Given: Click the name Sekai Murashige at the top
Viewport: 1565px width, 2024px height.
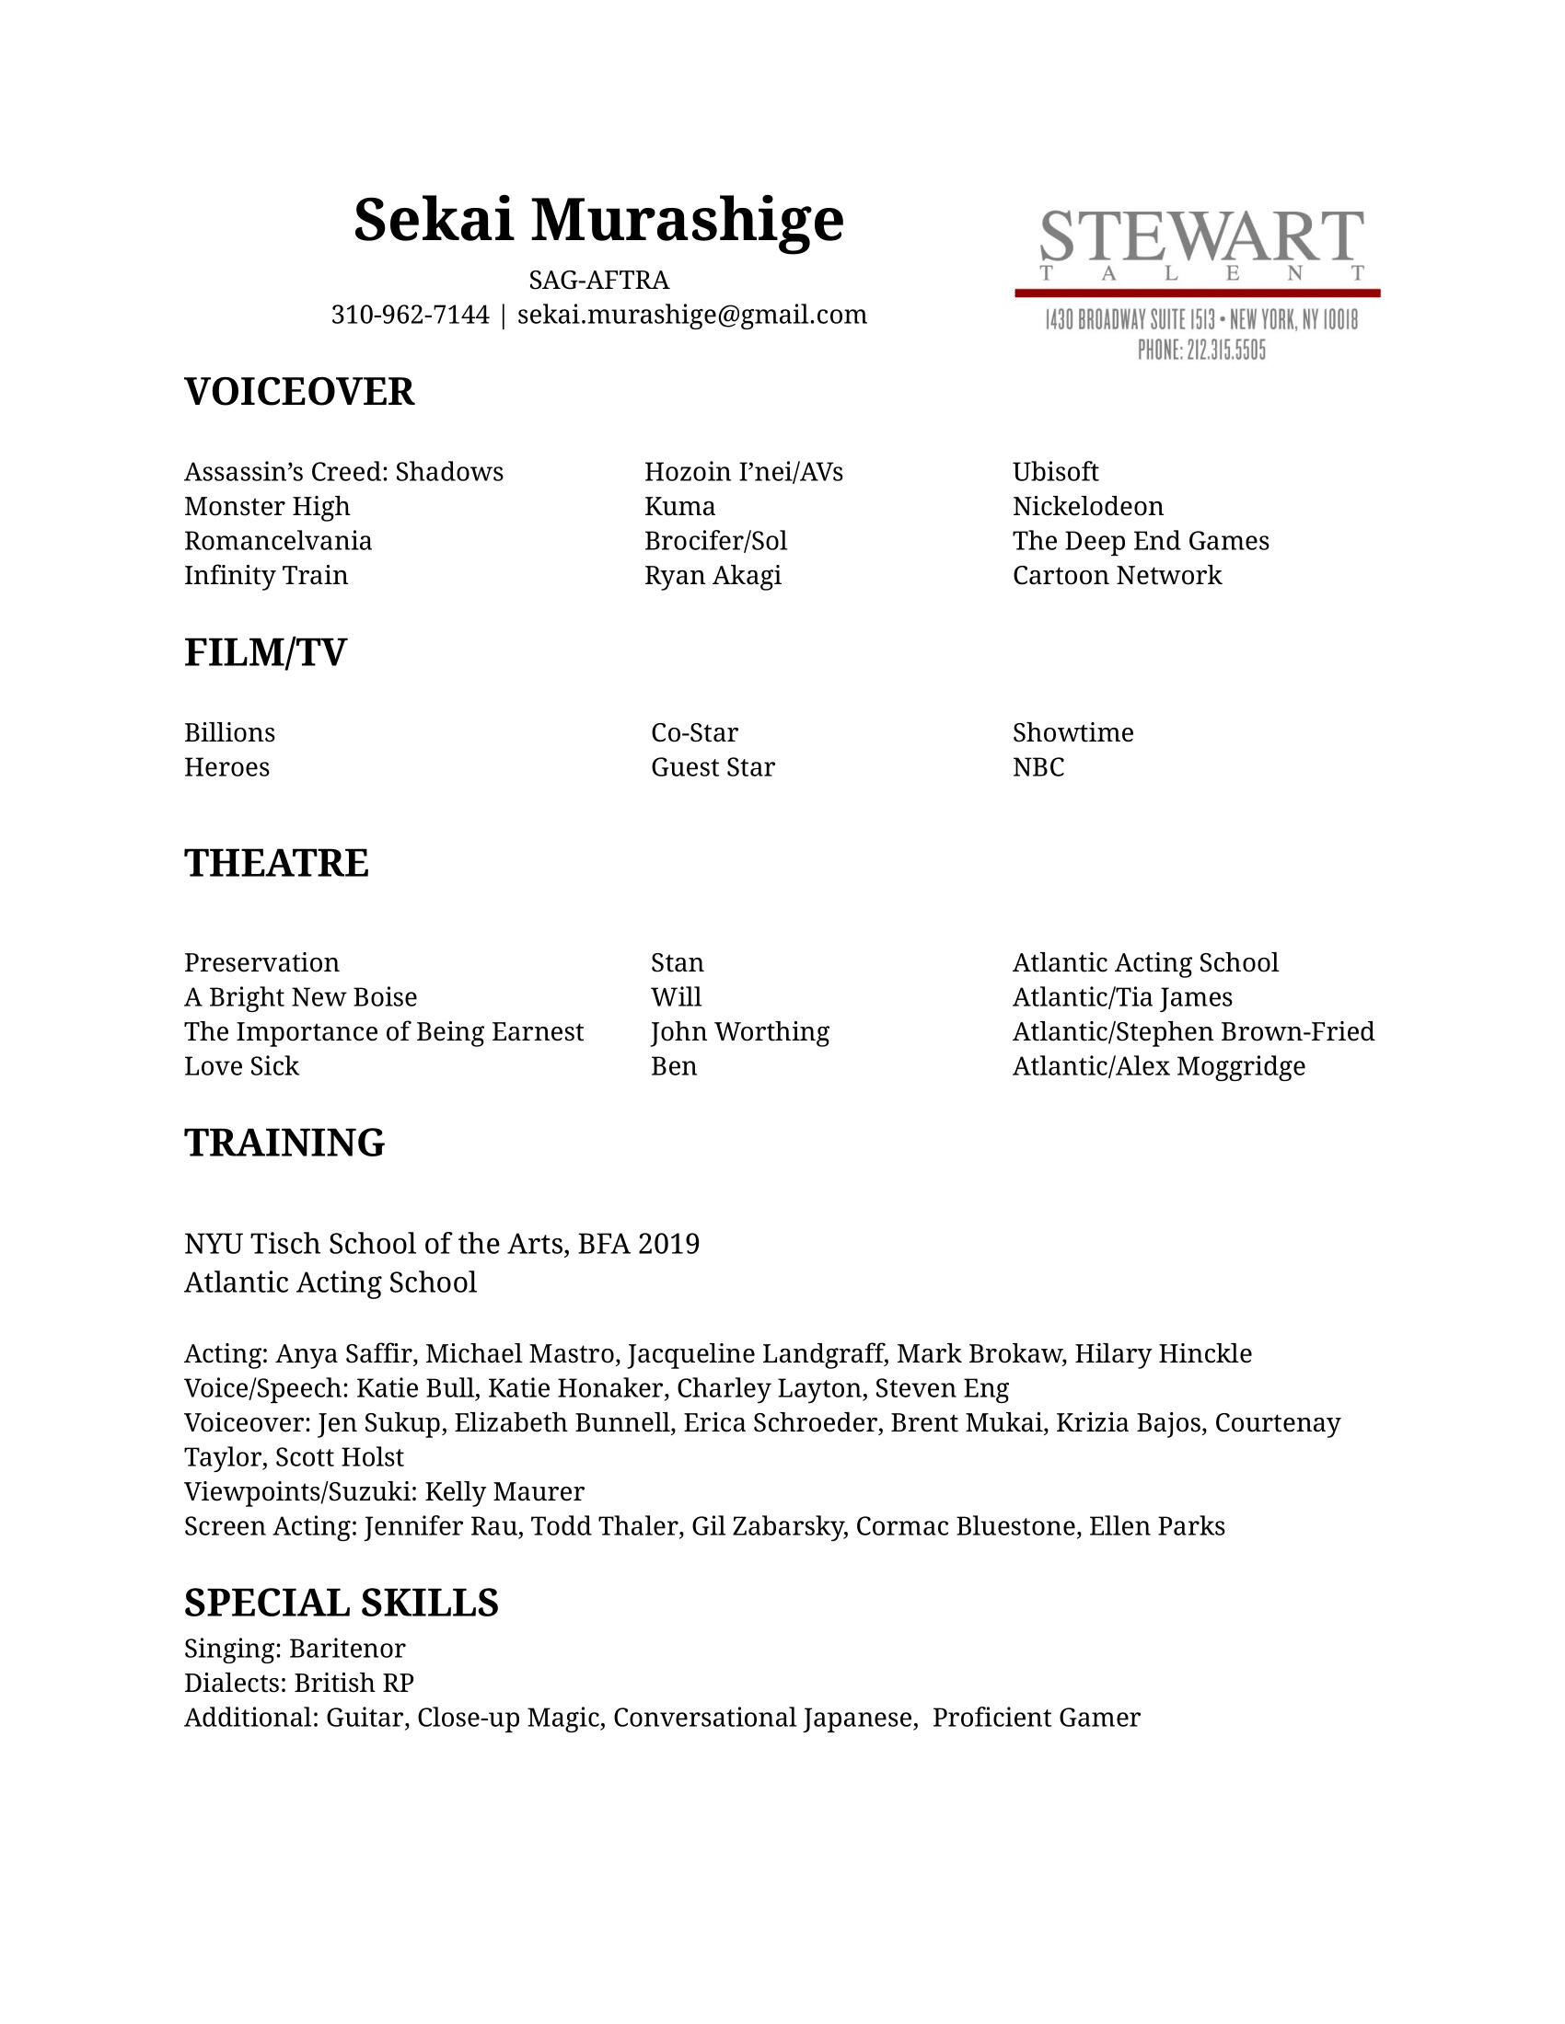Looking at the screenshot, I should (x=598, y=221).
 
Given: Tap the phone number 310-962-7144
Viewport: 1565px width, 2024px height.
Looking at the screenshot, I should (x=410, y=315).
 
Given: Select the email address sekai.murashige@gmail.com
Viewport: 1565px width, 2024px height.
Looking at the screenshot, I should (x=691, y=315).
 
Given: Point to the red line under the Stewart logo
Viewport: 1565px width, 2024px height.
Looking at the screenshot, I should (x=1197, y=293).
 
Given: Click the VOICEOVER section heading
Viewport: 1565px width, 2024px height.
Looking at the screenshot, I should (x=298, y=392).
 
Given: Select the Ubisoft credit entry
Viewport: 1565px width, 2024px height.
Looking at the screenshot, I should (x=1055, y=472).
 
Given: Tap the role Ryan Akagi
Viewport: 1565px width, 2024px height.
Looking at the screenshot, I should (x=712, y=576).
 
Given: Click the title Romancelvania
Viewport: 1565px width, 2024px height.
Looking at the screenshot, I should (x=278, y=541).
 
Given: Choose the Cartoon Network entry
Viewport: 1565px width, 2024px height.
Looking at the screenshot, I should (x=1117, y=576).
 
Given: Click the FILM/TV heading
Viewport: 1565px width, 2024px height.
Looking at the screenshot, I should (x=265, y=652).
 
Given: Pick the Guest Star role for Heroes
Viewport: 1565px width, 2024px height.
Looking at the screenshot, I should (x=712, y=767).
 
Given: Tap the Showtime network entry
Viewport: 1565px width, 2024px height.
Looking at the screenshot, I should (x=1072, y=733).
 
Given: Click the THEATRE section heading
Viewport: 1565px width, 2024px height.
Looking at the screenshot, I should (x=276, y=863).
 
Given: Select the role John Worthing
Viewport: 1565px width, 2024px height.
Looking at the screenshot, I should (x=740, y=1031).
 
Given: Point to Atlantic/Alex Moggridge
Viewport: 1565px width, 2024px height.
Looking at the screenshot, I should (x=1158, y=1066).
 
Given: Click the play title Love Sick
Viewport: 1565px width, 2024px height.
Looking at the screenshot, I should (x=241, y=1066).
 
